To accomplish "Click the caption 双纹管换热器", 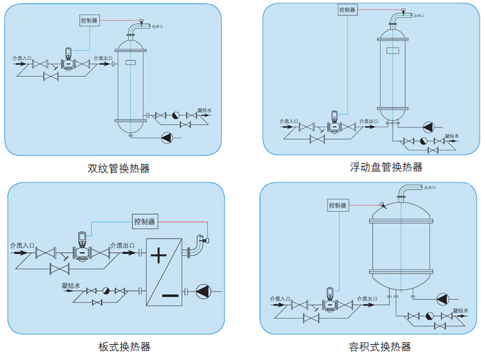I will click(x=119, y=168).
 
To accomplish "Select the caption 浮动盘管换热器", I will click(x=376, y=167).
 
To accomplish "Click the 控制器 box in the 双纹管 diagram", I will click(x=90, y=21).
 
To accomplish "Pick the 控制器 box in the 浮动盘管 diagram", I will click(x=349, y=10).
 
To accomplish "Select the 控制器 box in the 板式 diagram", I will click(x=145, y=221).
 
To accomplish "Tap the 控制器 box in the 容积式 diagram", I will click(x=338, y=205).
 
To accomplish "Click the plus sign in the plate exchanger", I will click(x=158, y=256).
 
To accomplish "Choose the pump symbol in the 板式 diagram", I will click(x=204, y=291).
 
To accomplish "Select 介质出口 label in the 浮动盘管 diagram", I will click(x=368, y=121).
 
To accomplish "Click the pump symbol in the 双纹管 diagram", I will click(x=166, y=138).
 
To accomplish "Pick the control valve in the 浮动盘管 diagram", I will click(x=332, y=122).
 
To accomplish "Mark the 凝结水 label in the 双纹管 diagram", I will click(x=204, y=110).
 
